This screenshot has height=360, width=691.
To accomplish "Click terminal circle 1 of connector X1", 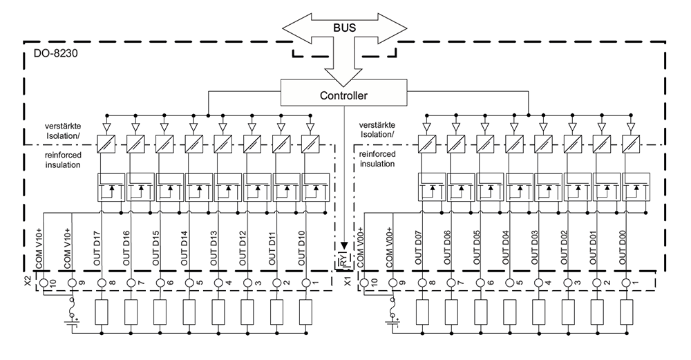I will click(627, 283).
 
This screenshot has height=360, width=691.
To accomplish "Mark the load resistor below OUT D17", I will click(102, 313).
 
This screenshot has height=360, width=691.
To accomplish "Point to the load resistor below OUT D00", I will click(627, 313).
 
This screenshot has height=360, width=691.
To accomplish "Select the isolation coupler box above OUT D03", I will click(540, 144).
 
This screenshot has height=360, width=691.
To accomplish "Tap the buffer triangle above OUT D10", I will click(309, 126).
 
